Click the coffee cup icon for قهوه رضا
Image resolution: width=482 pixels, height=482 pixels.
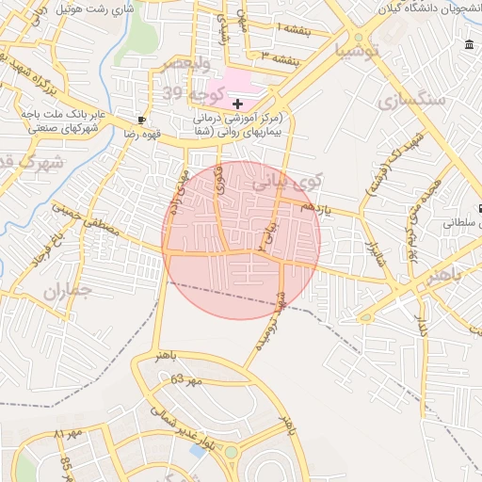(x=142, y=120)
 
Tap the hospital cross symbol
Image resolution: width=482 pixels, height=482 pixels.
(x=237, y=104)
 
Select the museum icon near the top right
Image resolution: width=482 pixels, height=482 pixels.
(x=470, y=45)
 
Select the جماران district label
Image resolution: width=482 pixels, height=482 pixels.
(x=67, y=290)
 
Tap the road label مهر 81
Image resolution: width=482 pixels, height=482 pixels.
(x=70, y=434)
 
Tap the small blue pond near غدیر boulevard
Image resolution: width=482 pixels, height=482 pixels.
(x=198, y=450)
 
